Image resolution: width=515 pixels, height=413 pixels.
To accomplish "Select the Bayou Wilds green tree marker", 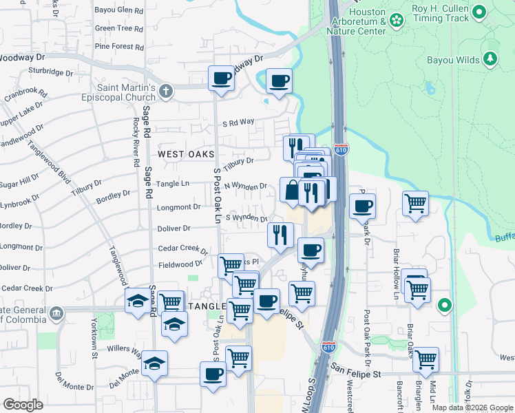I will click(490, 59).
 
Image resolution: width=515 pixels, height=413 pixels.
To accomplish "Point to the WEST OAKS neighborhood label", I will click(186, 154).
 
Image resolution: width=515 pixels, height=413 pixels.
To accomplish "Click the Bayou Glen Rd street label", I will click(119, 10).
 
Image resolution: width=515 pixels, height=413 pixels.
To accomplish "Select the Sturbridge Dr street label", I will click(50, 70).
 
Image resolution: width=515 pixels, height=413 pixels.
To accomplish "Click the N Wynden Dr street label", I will click(245, 187).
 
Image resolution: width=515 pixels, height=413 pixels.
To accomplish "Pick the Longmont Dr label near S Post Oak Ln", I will click(178, 206).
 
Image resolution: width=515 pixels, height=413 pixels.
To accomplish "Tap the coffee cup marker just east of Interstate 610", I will click(363, 205).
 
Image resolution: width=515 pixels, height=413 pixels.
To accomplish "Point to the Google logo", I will click(23, 405).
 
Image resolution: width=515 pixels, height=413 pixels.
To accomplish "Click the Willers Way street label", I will click(125, 349).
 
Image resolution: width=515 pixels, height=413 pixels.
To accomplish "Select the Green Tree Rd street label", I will click(119, 29).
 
